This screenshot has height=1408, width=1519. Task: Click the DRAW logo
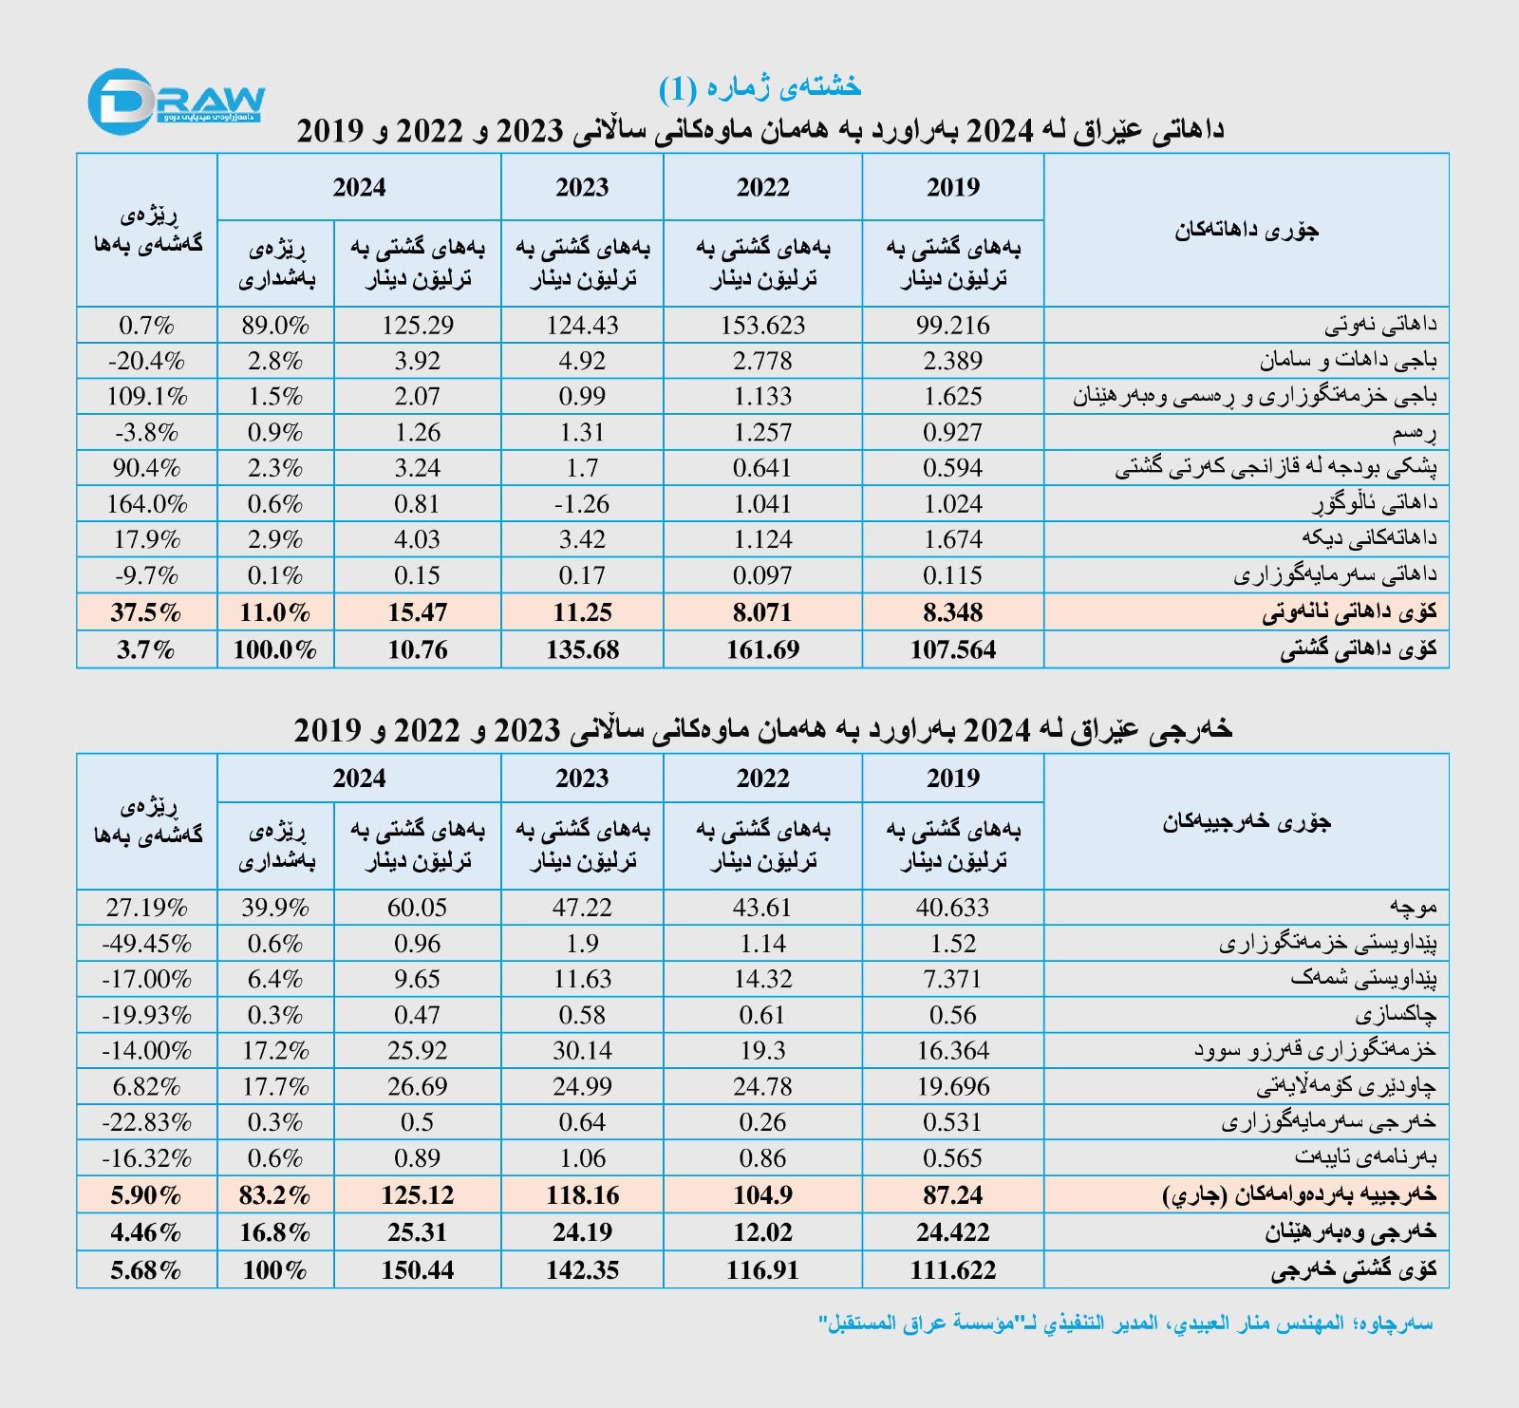[176, 101]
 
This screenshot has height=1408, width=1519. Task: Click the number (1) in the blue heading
[678, 88]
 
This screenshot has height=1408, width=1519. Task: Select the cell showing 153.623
[762, 326]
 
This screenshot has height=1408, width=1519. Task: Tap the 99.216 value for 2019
[952, 326]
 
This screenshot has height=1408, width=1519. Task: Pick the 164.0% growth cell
[146, 504]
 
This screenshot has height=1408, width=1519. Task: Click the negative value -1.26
[582, 504]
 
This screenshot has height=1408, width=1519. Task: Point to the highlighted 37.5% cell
[146, 612]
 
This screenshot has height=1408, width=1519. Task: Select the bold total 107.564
[952, 650]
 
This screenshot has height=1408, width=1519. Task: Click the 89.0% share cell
[275, 326]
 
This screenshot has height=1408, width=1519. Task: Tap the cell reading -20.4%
[146, 361]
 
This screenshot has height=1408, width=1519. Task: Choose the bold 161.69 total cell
[762, 650]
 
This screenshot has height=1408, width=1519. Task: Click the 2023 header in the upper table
[582, 187]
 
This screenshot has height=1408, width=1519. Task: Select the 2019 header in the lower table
[952, 778]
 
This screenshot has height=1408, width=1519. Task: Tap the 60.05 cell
[417, 908]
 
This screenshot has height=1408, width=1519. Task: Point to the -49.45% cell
[146, 944]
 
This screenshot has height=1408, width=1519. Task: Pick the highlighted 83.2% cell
[275, 1194]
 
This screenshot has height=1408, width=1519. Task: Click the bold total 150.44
[417, 1270]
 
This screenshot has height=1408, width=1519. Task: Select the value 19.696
[952, 1086]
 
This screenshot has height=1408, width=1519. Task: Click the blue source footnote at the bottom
[1125, 1324]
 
